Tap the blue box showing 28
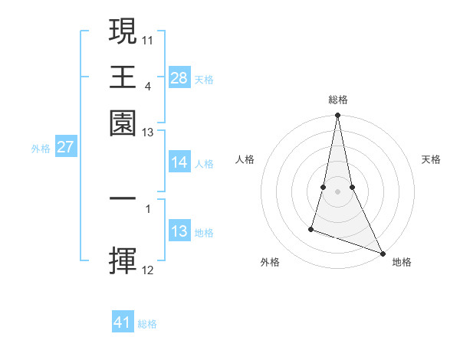[x=179, y=78]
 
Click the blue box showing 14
[x=179, y=163]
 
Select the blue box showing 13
[x=179, y=232]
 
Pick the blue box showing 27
[x=65, y=147]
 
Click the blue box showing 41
[x=123, y=323]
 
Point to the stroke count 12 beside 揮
[x=148, y=270]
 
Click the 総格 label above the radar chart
[x=337, y=100]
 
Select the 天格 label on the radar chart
[x=431, y=159]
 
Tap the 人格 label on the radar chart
[x=245, y=159]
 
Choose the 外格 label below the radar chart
[x=270, y=263]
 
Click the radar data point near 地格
[x=382, y=253]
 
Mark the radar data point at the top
[x=337, y=116]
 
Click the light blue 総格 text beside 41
[x=147, y=324]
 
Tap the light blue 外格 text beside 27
[x=41, y=148]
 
